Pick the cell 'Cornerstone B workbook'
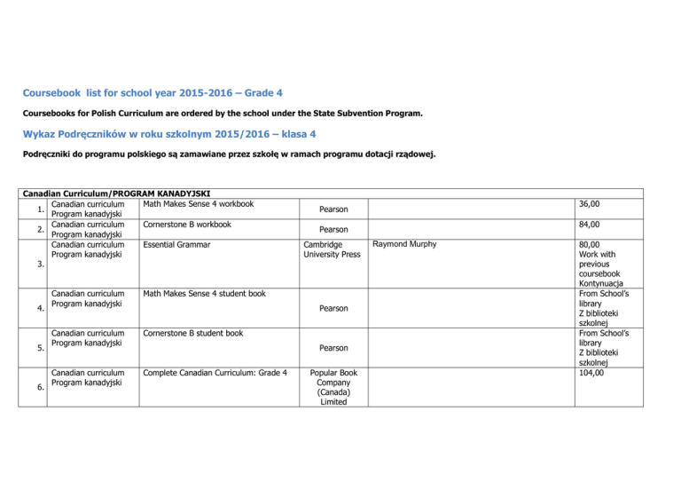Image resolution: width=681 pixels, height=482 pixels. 185,225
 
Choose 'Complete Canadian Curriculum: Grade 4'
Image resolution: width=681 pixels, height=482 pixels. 213,372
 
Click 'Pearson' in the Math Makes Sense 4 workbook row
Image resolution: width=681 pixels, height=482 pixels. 332,209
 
